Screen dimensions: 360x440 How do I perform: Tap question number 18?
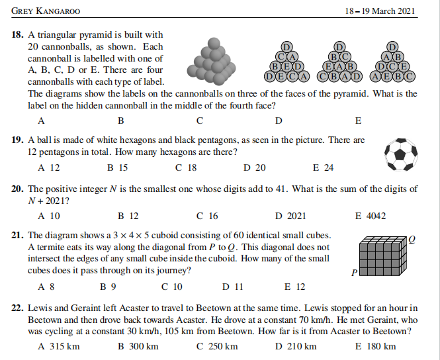(x=19, y=34)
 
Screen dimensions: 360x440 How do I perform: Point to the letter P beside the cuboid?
(x=353, y=272)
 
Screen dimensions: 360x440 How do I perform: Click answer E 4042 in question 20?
(x=371, y=216)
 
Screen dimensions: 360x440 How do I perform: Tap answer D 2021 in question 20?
(x=290, y=216)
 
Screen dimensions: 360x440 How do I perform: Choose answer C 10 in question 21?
(x=171, y=287)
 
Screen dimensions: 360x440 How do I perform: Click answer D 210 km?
(x=296, y=346)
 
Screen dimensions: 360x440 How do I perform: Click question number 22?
(x=19, y=308)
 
